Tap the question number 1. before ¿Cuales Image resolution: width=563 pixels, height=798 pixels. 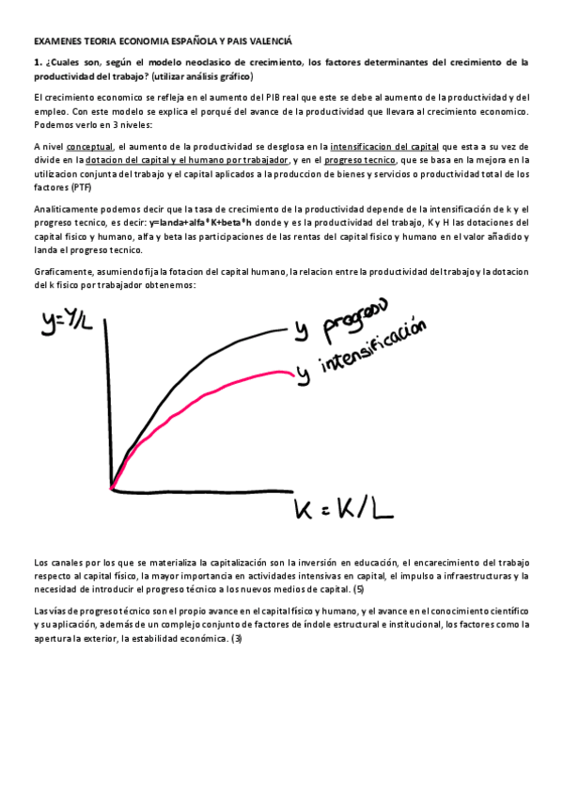click(x=37, y=62)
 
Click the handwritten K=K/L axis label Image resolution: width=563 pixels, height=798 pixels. click(x=343, y=514)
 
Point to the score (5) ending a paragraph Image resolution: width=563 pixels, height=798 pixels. click(x=357, y=590)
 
